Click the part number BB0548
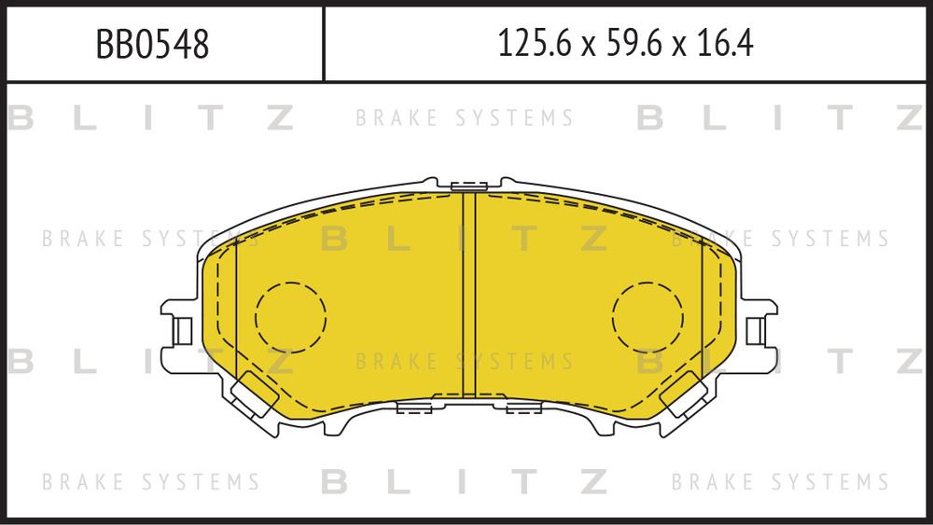click(152, 44)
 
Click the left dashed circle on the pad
click(290, 317)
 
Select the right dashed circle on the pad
click(648, 317)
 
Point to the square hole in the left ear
click(183, 330)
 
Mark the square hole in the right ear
click(755, 330)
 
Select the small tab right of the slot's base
click(523, 407)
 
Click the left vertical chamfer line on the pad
click(237, 308)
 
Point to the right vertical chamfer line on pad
click(702, 308)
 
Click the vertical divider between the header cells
click(324, 44)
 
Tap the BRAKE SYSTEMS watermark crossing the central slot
click(465, 361)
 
